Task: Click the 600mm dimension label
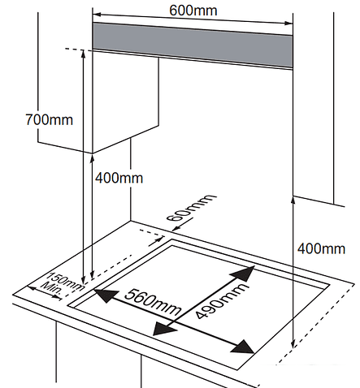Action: point(193,11)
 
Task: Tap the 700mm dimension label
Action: point(50,119)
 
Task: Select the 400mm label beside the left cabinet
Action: point(119,178)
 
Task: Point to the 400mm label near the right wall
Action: point(322,248)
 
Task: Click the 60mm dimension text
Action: point(192,207)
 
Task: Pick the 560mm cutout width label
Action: point(153,302)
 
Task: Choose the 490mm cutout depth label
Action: point(221,300)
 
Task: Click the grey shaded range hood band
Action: point(193,45)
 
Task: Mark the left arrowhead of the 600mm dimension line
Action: point(97,14)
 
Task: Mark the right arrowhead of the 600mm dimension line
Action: point(288,24)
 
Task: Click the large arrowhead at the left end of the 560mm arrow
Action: point(106,295)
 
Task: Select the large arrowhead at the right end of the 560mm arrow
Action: point(243,347)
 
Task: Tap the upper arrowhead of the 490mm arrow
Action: point(244,273)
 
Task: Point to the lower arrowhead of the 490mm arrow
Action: point(164,330)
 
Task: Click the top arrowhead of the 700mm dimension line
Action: point(84,54)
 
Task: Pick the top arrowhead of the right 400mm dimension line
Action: point(293,201)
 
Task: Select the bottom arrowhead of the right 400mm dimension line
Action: point(293,344)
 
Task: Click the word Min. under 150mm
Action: point(51,289)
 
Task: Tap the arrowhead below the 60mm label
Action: point(176,229)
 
